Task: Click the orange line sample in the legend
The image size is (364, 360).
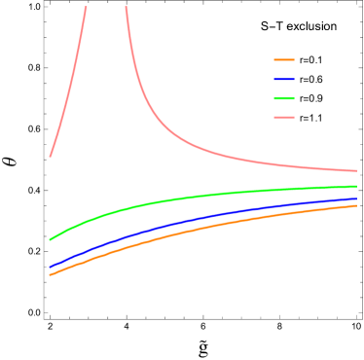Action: click(284, 59)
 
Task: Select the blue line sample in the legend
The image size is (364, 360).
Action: click(284, 79)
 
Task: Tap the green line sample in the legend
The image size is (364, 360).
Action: click(284, 98)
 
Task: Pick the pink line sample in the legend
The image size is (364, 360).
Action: click(284, 117)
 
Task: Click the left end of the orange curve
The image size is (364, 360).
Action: click(51, 274)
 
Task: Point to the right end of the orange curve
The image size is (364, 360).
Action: click(356, 205)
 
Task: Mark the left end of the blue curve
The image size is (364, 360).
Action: click(51, 266)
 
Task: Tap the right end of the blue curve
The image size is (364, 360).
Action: click(356, 198)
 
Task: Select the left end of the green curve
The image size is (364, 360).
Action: click(51, 238)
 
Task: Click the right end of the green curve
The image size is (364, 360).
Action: click(356, 186)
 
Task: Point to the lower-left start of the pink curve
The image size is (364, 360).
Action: click(51, 156)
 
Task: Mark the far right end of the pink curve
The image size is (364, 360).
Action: click(356, 171)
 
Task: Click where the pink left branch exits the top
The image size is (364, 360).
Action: click(86, 8)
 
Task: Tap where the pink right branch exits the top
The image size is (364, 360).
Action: click(126, 8)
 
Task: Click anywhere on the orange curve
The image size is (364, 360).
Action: click(195, 232)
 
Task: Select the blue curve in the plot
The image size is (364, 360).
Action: click(195, 221)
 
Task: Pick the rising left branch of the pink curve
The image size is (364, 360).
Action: click(70, 88)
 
